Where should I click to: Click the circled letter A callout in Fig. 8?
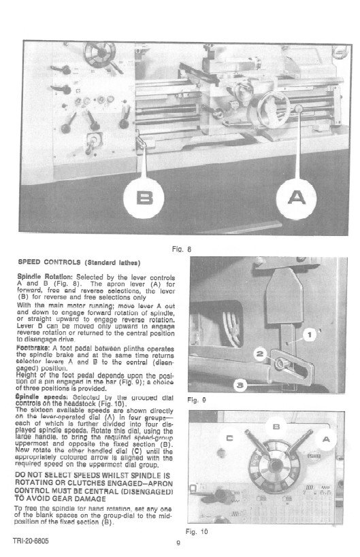(x=296, y=197)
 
